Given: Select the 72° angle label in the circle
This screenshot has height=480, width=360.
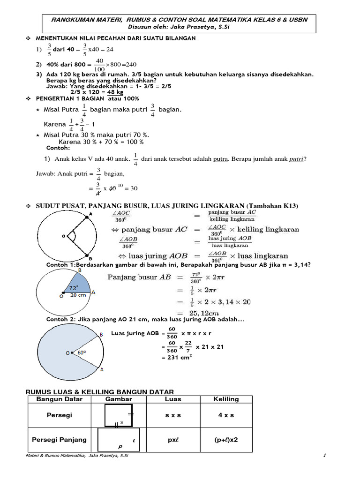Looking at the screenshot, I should pos(74,287).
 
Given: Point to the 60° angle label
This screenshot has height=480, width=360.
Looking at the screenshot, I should pos(82,352).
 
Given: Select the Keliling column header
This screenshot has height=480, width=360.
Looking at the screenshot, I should pos(226,399).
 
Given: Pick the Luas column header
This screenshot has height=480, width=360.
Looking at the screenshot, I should pos(173,399).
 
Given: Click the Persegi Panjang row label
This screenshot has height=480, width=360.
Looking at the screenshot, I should pos(59,440).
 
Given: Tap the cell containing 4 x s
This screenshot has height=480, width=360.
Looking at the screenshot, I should pos(226,415).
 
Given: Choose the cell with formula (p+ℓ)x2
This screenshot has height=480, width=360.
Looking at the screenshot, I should pos(226,440).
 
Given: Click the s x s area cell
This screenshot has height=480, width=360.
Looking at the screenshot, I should pos(173,415).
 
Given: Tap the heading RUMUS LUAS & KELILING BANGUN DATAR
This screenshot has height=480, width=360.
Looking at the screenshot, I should pos(99,391).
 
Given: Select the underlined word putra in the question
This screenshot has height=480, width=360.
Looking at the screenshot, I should pos(220,159).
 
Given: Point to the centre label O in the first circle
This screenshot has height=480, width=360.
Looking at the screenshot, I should pos(64,237).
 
